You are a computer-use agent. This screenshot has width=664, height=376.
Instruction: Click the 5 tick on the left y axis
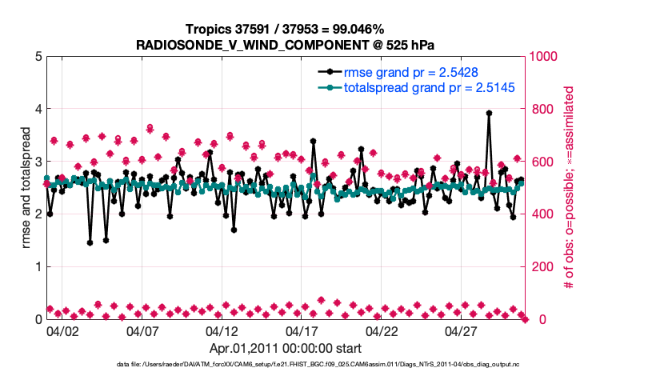coord(37,56)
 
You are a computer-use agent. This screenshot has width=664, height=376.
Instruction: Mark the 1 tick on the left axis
coord(37,266)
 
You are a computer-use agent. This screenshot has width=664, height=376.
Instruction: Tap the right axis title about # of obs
coord(570,187)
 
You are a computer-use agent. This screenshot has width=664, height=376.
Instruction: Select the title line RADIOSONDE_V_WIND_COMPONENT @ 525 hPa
coord(286,45)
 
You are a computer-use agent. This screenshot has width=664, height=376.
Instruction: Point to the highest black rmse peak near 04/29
coord(489,113)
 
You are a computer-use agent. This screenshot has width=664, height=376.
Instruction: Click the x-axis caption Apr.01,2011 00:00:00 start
coord(286,348)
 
